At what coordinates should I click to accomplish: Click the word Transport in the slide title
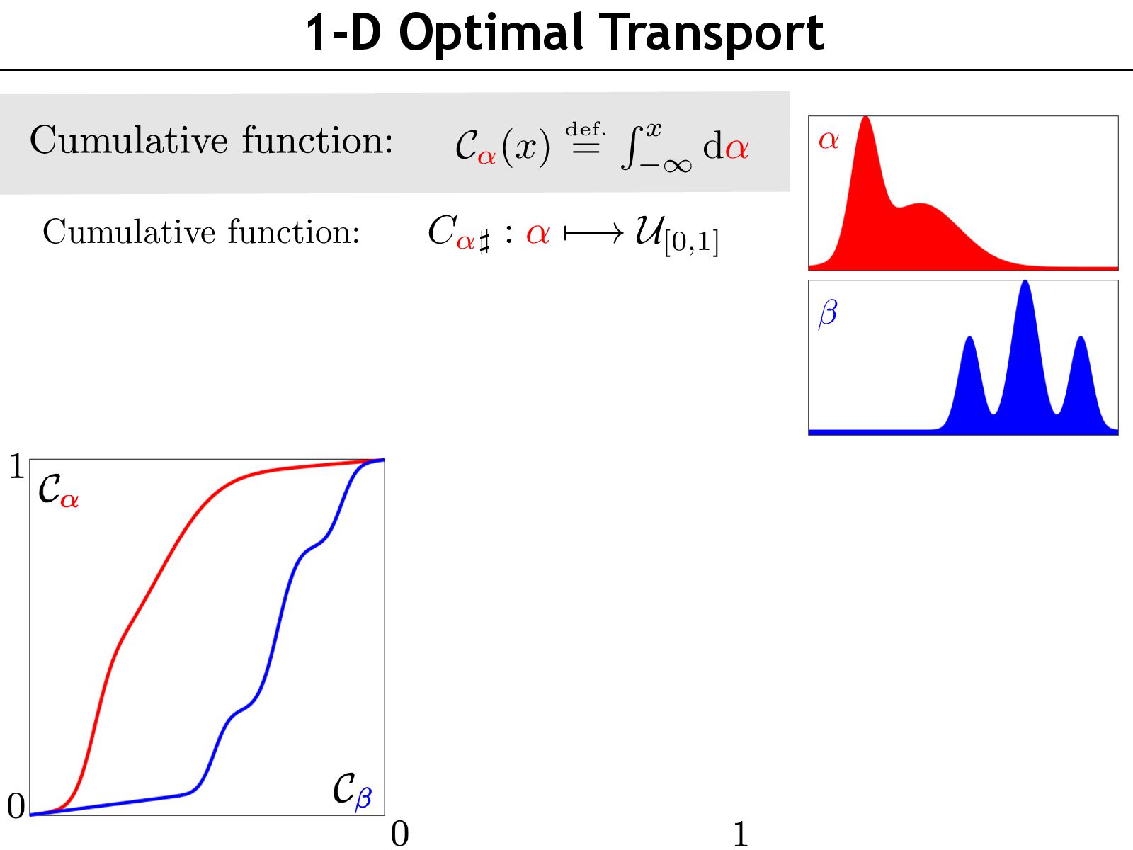(x=713, y=33)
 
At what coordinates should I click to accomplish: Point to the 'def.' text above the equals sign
(x=585, y=129)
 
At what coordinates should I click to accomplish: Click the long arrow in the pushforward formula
(x=594, y=233)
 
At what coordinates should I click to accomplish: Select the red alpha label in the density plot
(x=829, y=140)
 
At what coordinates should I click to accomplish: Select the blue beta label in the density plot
(x=827, y=312)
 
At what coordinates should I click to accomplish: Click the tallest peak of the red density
(x=865, y=124)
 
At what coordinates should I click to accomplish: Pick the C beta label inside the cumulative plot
(x=352, y=789)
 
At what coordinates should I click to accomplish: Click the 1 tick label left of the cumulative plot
(x=16, y=467)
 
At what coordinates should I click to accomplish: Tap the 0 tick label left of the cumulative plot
(x=16, y=806)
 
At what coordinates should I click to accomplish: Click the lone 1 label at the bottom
(x=741, y=834)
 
